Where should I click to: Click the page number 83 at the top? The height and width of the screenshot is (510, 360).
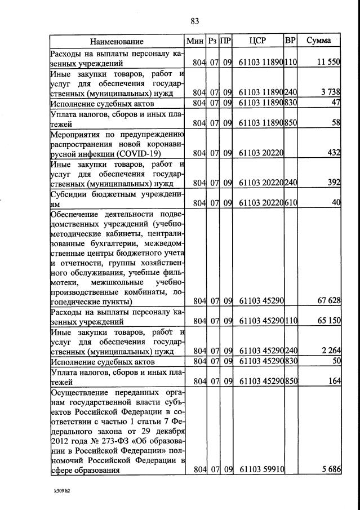coord(195,21)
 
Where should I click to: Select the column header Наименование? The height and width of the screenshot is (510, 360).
coord(117,41)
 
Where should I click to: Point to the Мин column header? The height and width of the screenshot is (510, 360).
coord(195,41)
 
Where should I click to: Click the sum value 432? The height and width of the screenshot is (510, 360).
coord(333,152)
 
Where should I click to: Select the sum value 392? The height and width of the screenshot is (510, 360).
coord(333,182)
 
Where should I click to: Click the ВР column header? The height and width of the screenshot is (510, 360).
coord(291,41)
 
